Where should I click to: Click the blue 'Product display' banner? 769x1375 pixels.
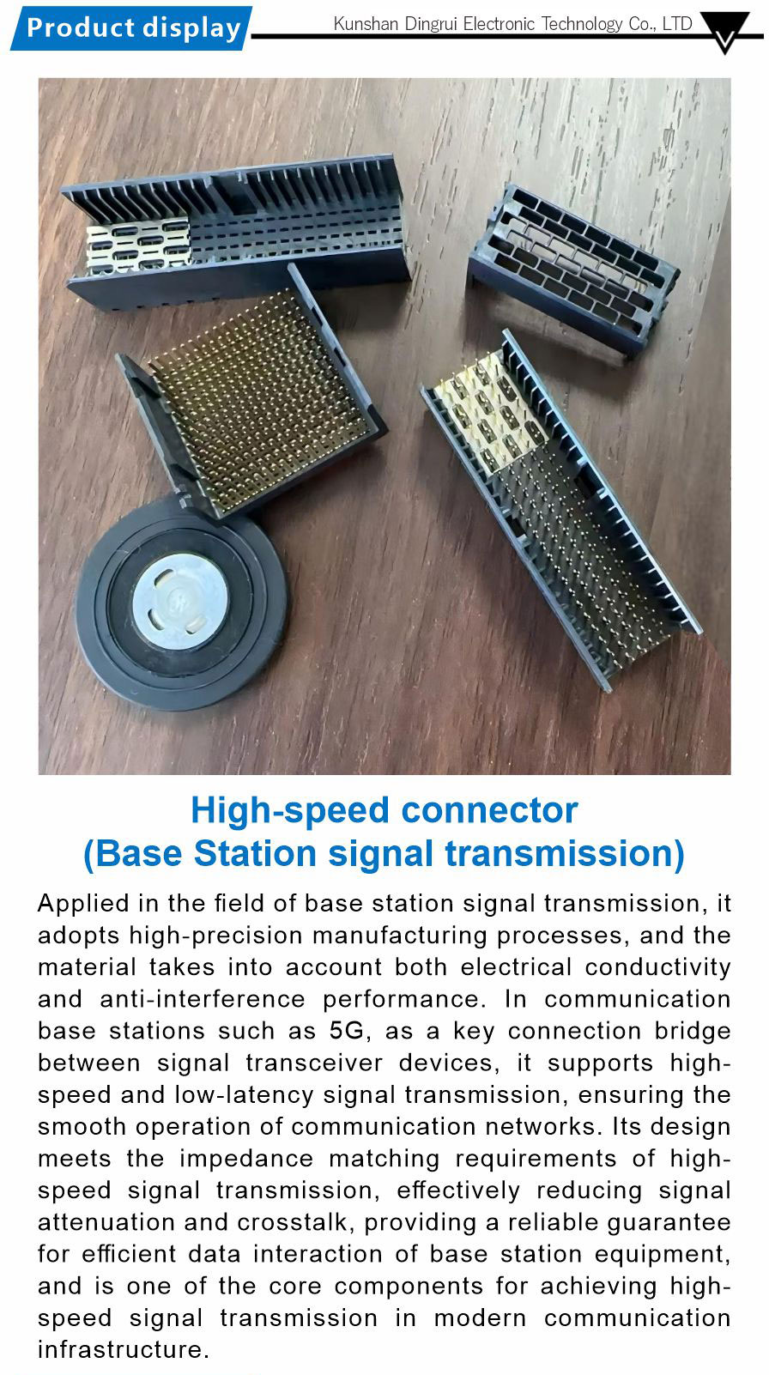[131, 28]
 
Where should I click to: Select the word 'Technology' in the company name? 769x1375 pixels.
[582, 24]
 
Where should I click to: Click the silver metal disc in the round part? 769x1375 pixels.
[179, 601]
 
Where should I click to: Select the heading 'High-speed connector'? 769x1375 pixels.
[384, 810]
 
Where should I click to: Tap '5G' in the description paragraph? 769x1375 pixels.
[347, 1031]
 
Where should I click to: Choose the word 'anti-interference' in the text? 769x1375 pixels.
[203, 999]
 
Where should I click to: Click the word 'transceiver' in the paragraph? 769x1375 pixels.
[314, 1063]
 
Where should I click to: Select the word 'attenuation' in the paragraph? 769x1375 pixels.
[106, 1223]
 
